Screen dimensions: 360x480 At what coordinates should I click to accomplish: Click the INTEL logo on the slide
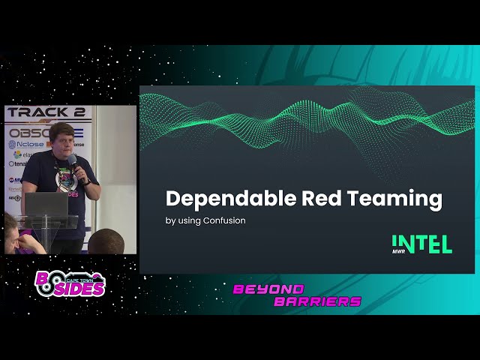click(421, 244)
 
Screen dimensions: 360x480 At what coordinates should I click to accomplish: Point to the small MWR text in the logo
click(398, 250)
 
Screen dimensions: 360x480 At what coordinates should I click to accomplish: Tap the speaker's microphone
click(73, 163)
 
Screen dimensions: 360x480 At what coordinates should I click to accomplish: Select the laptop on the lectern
click(46, 204)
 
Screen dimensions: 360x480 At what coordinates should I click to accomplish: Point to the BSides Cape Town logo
click(70, 284)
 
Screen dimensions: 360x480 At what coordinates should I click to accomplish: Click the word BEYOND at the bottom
click(268, 289)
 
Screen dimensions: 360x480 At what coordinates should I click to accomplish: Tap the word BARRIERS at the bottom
click(317, 301)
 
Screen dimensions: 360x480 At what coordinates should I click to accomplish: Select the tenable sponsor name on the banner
click(17, 163)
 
